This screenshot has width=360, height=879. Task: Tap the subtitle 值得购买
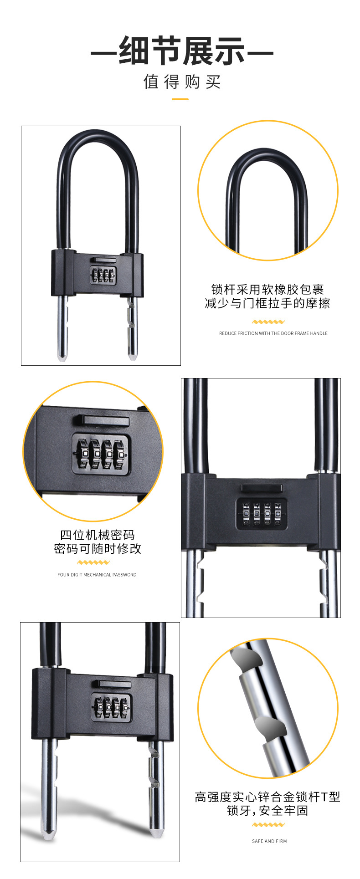point(182,82)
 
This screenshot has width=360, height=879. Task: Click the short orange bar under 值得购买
point(180,99)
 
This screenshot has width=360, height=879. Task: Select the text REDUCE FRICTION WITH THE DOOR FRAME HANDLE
point(273,333)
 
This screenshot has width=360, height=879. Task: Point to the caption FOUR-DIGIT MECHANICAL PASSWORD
point(97,575)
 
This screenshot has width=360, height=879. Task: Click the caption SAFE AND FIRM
point(269,841)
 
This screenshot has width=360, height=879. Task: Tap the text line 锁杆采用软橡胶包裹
point(267,290)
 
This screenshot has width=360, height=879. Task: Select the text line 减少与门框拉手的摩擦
point(267,303)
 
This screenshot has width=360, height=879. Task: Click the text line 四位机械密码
point(98,535)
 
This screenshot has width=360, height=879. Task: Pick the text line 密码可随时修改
point(98,549)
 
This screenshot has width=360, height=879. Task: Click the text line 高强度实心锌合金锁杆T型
point(267,797)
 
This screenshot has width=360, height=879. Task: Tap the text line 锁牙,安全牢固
point(267,811)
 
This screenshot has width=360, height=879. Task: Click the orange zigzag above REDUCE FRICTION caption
point(268,322)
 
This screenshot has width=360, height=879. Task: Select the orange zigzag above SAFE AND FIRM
point(268,825)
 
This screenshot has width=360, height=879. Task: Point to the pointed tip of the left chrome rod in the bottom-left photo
point(49,836)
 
